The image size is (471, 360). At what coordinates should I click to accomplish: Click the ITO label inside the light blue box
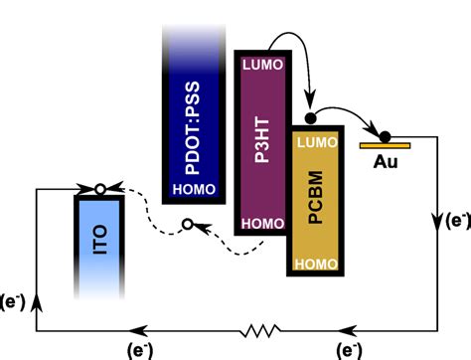(x=100, y=244)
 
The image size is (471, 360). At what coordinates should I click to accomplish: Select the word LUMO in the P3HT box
(x=261, y=68)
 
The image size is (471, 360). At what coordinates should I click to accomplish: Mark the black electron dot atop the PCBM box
(x=309, y=119)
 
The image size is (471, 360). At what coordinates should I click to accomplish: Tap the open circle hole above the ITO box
(x=98, y=187)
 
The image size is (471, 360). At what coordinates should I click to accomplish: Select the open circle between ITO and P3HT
(x=187, y=226)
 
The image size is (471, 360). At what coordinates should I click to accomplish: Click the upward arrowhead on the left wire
(x=37, y=305)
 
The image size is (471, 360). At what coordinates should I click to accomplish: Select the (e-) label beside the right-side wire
(x=457, y=222)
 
